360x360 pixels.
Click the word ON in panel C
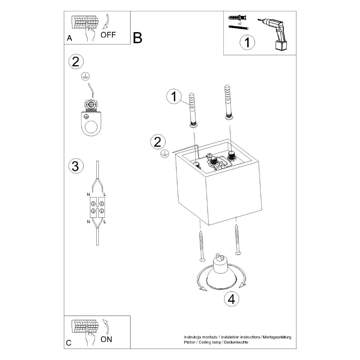(106, 339)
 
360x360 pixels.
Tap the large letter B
(137, 38)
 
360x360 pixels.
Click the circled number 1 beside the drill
(247, 42)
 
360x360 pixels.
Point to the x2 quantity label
(240, 23)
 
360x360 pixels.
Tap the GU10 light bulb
(221, 272)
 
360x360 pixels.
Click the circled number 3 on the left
(75, 166)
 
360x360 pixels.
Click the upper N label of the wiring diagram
(88, 195)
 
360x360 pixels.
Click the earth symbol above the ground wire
(85, 77)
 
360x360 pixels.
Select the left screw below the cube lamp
(201, 246)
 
